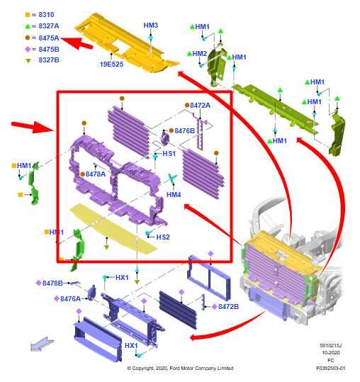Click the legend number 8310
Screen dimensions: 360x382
(46, 15)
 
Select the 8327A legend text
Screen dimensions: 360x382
(49, 26)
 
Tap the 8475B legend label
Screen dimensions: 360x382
(49, 49)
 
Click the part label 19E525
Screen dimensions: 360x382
(111, 64)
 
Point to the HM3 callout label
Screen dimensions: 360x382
(151, 26)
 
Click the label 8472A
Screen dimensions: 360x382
(200, 105)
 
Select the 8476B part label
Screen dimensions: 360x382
(185, 131)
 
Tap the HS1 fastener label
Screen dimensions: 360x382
(169, 154)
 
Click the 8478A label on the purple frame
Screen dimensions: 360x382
(96, 174)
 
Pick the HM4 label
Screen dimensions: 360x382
(174, 195)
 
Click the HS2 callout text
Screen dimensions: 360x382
(163, 237)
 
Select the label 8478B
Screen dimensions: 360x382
(52, 283)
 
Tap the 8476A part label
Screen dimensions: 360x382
(70, 298)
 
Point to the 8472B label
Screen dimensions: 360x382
(228, 307)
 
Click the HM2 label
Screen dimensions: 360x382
(199, 54)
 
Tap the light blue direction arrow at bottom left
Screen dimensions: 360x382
(42, 344)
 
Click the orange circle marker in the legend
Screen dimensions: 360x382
(28, 38)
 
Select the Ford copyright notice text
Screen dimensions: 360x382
(180, 368)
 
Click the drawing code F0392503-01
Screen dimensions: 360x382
(330, 368)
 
